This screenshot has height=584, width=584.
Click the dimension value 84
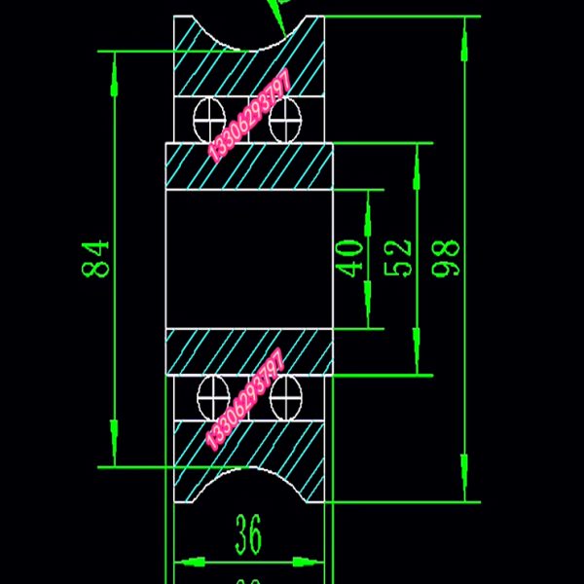(x=98, y=259)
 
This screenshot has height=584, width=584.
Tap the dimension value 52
(x=400, y=258)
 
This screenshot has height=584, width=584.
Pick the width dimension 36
(x=249, y=532)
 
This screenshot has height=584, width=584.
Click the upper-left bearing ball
(x=210, y=118)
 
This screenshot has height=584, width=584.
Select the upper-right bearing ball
(x=286, y=118)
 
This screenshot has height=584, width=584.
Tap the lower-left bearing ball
(x=211, y=397)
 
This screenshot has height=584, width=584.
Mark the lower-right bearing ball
(x=287, y=397)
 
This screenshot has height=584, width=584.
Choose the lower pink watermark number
(x=245, y=399)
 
